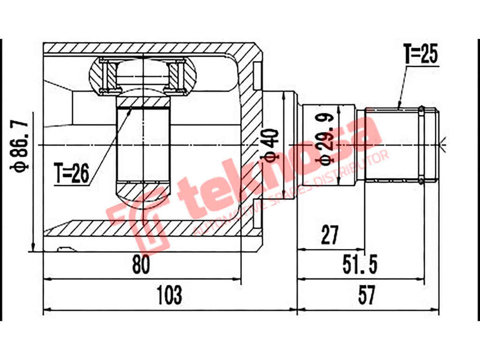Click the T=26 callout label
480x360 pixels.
tap(71, 173)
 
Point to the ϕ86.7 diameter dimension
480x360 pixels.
tap(19, 145)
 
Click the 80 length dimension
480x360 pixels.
tap(142, 264)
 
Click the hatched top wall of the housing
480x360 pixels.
tap(150, 48)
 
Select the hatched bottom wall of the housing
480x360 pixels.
tap(150, 228)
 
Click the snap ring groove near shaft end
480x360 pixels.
tap(422, 144)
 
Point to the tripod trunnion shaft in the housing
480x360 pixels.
tap(143, 144)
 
